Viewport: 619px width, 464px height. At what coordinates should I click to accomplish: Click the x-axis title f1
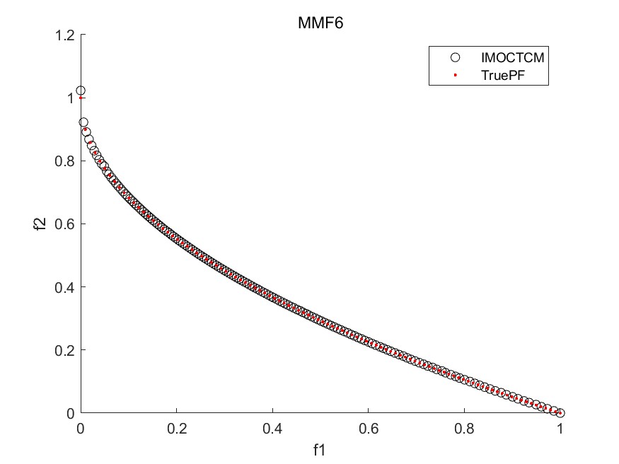coord(320,448)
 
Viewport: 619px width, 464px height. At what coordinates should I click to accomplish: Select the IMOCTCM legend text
coord(504,57)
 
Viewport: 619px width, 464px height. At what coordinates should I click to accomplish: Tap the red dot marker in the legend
coord(456,74)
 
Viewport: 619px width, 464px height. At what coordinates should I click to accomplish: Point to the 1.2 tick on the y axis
coord(67,35)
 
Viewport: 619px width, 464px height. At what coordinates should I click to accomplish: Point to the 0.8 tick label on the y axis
coord(67,161)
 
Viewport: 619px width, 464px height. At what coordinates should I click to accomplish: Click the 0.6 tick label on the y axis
coord(67,224)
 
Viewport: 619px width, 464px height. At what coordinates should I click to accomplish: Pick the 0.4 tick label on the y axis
coord(67,286)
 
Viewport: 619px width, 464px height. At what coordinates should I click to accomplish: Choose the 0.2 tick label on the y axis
coord(67,349)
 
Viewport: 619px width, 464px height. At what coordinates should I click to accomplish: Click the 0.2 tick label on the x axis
coord(177,428)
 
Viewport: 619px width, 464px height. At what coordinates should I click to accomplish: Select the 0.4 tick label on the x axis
coord(272,428)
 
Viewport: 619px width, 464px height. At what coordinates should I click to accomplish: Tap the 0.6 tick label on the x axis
coord(369,428)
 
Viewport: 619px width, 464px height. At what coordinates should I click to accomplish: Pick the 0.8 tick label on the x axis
coord(464,428)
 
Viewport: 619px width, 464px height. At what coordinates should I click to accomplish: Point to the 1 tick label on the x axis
coord(560,428)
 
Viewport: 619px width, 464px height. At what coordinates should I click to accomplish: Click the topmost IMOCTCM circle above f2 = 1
coord(81,91)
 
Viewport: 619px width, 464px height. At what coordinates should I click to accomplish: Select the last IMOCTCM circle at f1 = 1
coord(560,413)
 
